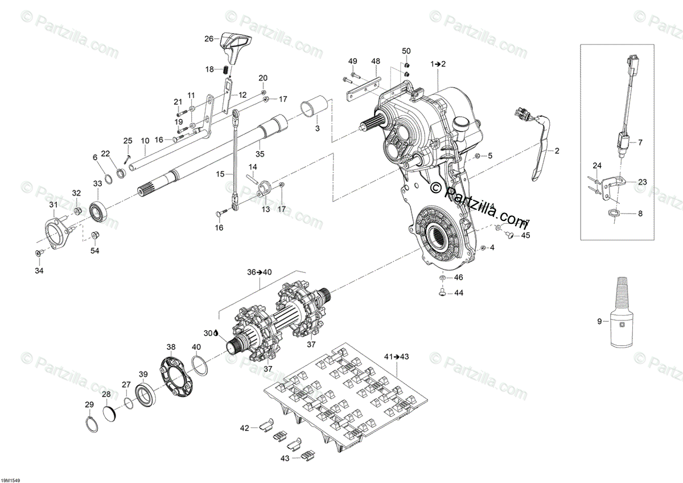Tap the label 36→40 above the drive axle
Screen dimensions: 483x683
pos(260,272)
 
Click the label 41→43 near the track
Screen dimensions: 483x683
pos(397,357)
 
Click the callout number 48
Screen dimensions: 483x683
pos(375,61)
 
